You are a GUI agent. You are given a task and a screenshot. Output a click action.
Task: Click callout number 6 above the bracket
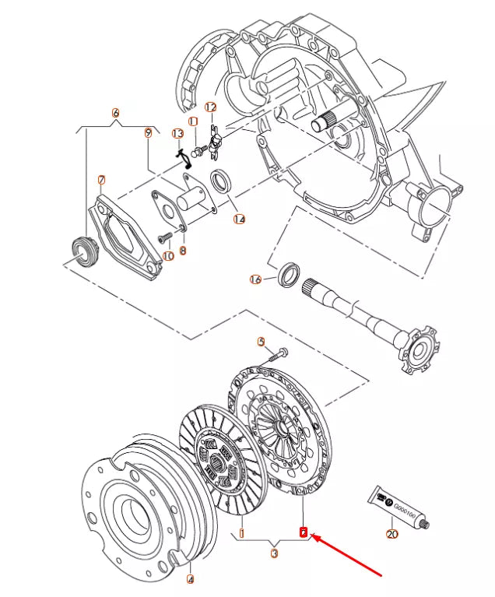(116, 113)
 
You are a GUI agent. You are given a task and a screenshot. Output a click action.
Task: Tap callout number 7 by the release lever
(101, 181)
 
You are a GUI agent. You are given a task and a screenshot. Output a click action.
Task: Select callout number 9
(148, 132)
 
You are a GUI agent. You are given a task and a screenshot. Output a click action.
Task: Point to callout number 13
(177, 134)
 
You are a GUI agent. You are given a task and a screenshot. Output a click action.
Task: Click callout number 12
(211, 107)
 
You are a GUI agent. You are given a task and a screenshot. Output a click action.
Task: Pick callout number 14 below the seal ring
(239, 219)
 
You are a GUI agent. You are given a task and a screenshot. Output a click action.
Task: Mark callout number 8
(183, 251)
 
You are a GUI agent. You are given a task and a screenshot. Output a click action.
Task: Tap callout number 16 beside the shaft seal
(255, 279)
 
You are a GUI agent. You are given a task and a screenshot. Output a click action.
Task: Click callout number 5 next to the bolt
(262, 342)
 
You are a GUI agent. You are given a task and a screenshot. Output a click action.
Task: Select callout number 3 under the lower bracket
(274, 554)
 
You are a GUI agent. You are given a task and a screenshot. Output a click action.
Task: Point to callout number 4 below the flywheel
(190, 578)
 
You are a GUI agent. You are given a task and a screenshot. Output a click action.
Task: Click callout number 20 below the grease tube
(391, 534)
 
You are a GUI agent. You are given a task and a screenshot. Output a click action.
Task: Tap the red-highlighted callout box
(304, 533)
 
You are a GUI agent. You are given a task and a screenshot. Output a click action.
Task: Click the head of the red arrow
(313, 537)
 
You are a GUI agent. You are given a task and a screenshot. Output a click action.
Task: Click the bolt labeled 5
(277, 355)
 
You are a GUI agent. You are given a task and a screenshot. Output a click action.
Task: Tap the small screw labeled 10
(166, 237)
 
